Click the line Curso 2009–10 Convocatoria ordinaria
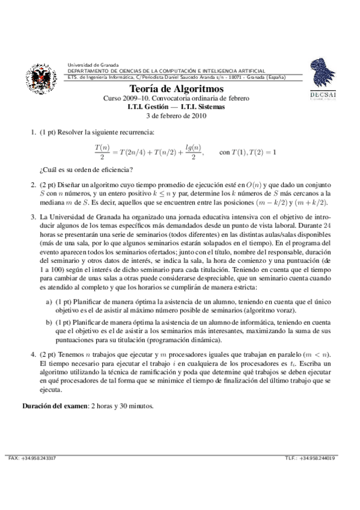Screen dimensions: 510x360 (x=180, y=99)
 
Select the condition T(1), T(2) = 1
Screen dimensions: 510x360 (x=248, y=152)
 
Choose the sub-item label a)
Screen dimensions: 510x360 (x=49, y=300)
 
